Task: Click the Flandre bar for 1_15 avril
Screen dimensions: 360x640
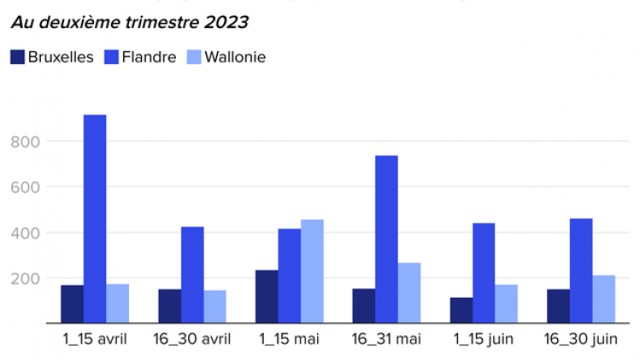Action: pos(95,219)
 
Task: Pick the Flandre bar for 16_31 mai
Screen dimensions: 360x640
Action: pos(386,239)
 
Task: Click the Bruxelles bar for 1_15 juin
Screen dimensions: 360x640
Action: pos(461,310)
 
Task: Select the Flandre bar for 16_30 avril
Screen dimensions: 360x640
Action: pos(192,275)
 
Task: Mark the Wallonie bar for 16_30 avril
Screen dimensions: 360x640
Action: pos(215,307)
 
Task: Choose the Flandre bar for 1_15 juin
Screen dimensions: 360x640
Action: pos(484,274)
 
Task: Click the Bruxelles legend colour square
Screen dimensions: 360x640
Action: pos(17,57)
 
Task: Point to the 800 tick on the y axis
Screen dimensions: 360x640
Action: pos(23,141)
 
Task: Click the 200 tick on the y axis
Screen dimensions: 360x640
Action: pos(23,279)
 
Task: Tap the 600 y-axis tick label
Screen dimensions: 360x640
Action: pos(23,187)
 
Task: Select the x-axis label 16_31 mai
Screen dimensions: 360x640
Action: pos(386,339)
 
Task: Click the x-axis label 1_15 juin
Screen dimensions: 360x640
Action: pos(484,339)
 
